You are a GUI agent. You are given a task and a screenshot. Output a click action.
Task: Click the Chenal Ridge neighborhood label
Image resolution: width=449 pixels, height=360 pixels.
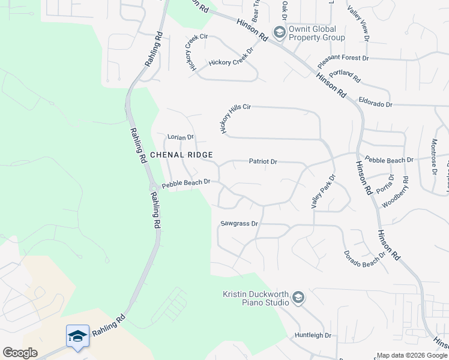pyautogui.click(x=181, y=155)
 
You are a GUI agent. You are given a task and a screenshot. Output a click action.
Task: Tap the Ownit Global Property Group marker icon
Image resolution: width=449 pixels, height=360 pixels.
pyautogui.click(x=279, y=32)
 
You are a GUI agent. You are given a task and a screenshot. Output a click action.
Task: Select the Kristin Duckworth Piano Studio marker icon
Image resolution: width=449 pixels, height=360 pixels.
pyautogui.click(x=298, y=298)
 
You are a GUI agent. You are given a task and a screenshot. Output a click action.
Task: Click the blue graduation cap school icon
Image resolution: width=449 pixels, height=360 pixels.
pyautogui.click(x=77, y=337)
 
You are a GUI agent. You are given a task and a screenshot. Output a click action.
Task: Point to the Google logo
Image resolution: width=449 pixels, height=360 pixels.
pyautogui.click(x=20, y=353)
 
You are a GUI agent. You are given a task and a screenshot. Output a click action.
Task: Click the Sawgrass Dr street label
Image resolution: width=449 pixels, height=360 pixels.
pyautogui.click(x=239, y=224)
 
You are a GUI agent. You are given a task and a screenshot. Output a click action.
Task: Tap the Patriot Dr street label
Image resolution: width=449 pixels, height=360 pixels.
pyautogui.click(x=263, y=161)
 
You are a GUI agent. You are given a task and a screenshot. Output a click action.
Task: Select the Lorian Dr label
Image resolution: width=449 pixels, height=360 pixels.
pyautogui.click(x=181, y=137)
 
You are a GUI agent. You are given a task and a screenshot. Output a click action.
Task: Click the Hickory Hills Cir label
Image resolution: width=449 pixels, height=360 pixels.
pyautogui.click(x=234, y=118)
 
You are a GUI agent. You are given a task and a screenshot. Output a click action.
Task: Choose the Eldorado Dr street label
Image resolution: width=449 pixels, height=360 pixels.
pyautogui.click(x=375, y=104)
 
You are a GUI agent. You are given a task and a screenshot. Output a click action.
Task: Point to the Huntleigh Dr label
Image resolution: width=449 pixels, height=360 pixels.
pyautogui.click(x=313, y=335)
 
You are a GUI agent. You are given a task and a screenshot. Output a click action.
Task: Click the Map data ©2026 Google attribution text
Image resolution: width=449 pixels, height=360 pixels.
pyautogui.click(x=411, y=355)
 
